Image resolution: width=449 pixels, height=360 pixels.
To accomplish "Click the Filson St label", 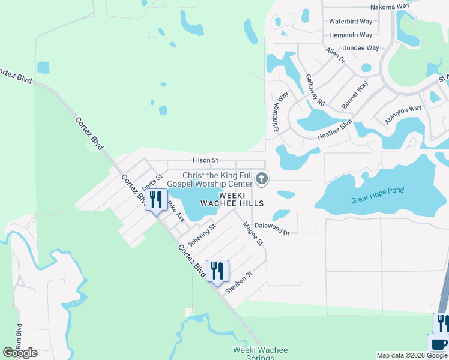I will [205, 161].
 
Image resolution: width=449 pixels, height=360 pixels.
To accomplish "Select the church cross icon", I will [262, 178].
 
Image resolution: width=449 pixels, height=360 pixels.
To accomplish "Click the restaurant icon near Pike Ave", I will [156, 199].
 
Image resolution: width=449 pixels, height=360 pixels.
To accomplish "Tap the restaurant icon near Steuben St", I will [217, 271].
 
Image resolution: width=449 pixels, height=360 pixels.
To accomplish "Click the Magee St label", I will [253, 233].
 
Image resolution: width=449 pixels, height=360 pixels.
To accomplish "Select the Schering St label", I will [201, 236].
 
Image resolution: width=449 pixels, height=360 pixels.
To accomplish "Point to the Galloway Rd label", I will [315, 90].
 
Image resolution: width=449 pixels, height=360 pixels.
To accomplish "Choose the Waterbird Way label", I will [351, 22].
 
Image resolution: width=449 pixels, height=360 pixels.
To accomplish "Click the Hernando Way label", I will [351, 35].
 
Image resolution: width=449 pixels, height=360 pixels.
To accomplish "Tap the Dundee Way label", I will [360, 48].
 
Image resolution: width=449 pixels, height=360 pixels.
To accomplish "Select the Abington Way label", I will [403, 114].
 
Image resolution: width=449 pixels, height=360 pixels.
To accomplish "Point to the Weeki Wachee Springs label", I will [261, 353].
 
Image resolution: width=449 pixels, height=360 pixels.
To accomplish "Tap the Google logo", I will [20, 353].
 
